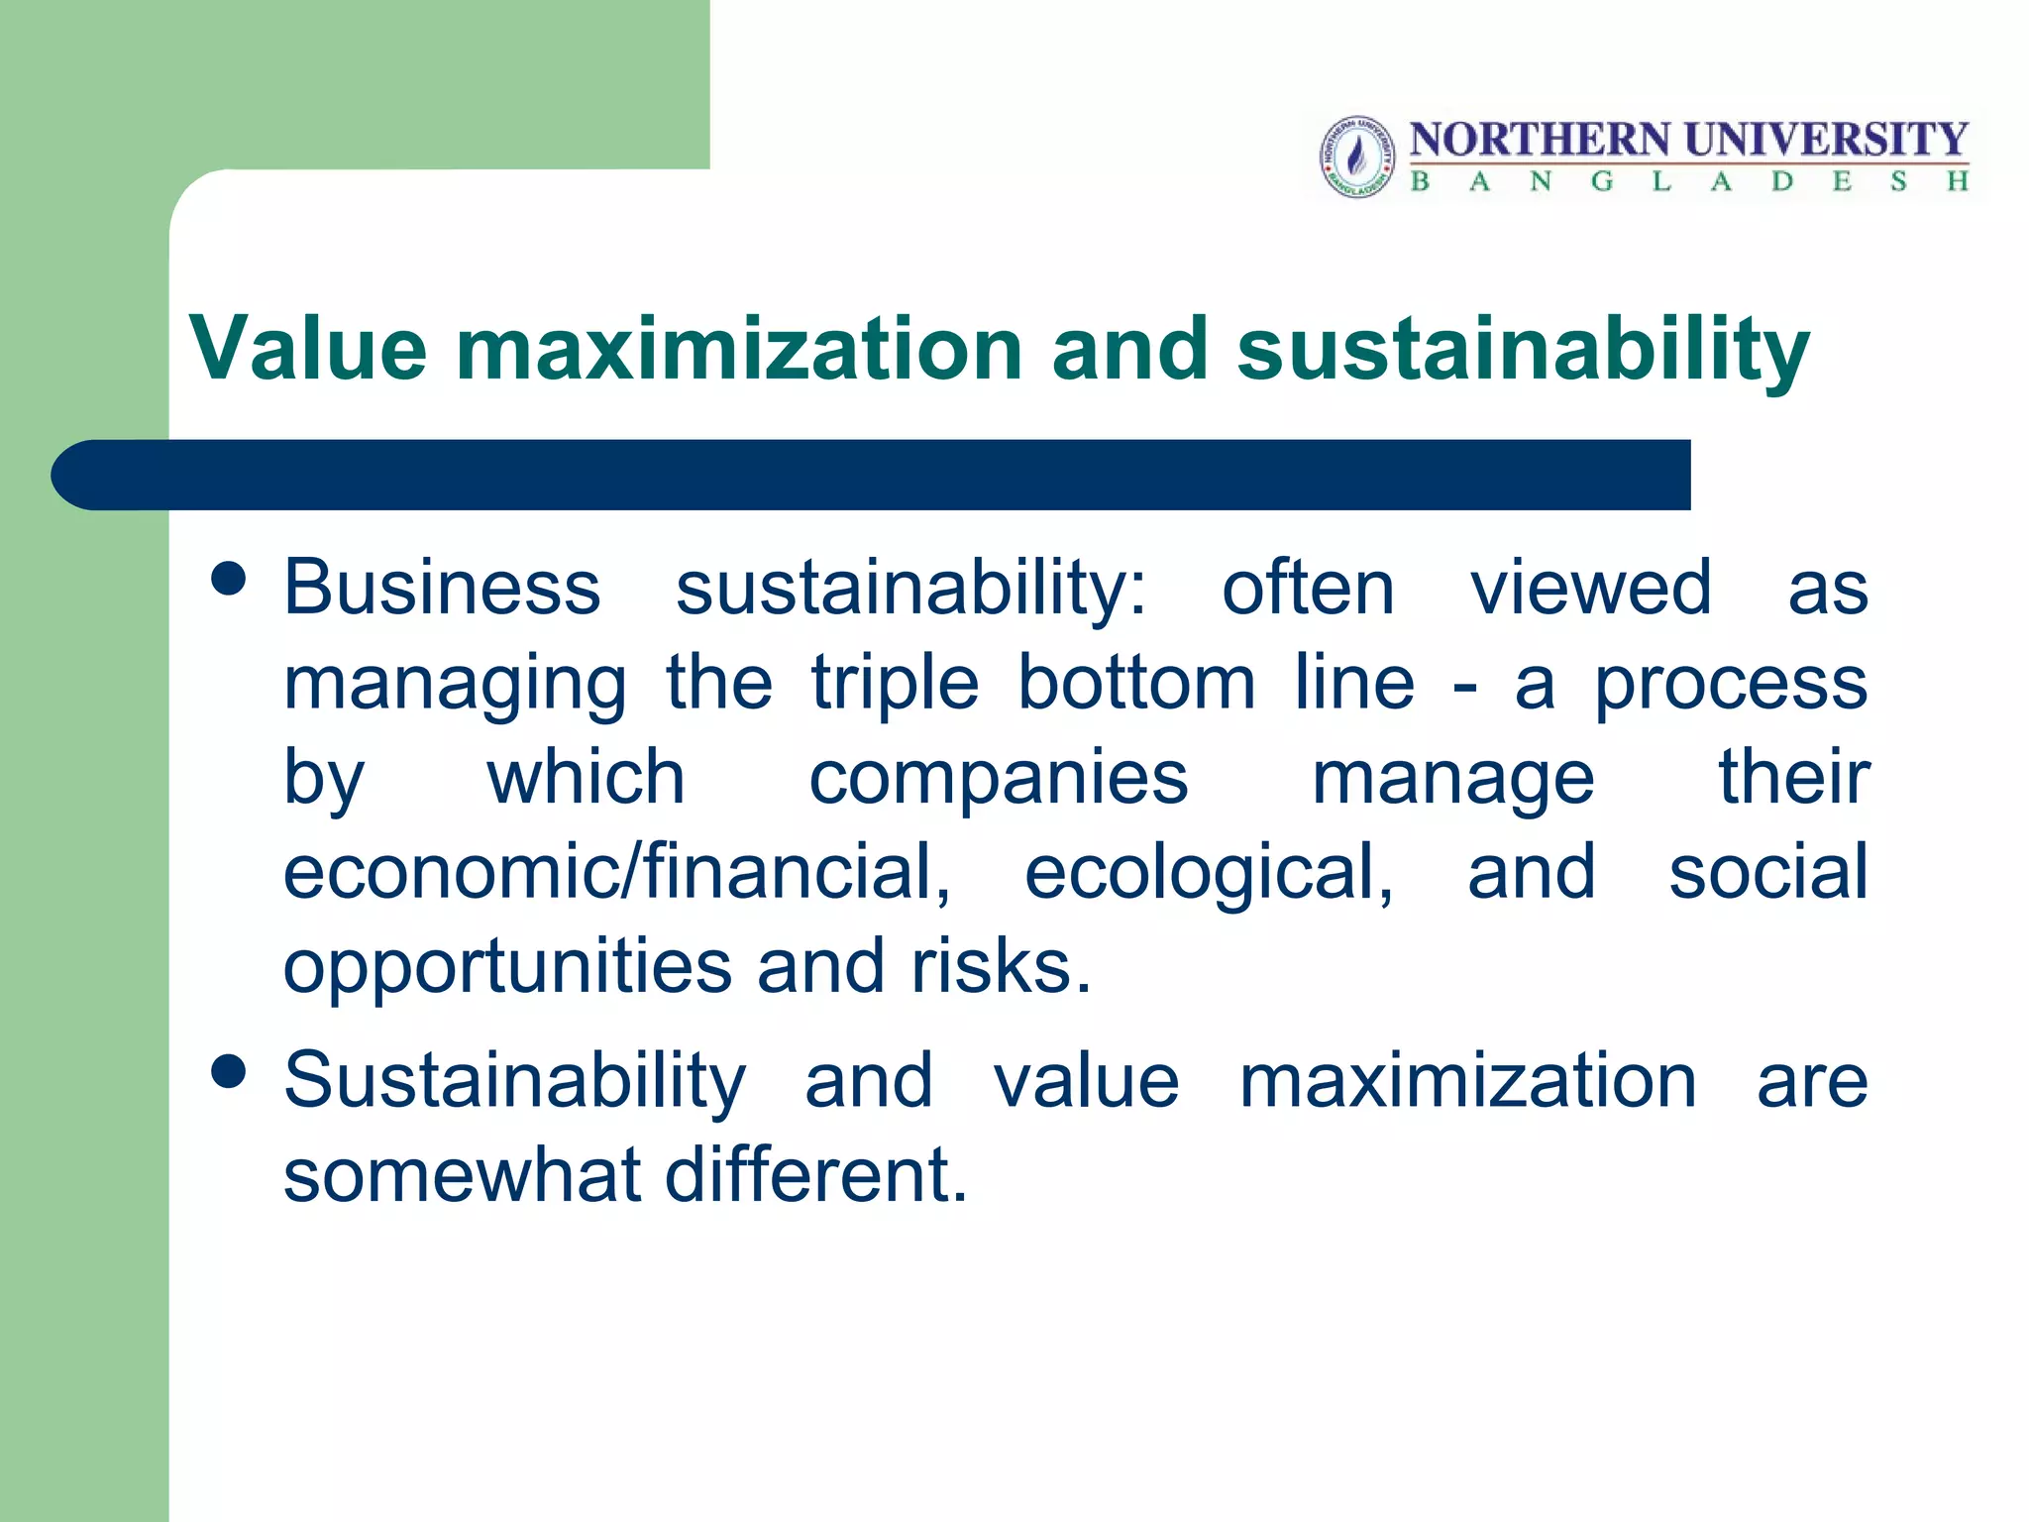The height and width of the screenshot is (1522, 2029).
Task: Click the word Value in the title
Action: click(x=308, y=348)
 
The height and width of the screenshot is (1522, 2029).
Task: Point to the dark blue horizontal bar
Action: click(x=872, y=475)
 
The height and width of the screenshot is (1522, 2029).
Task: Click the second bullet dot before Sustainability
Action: click(x=229, y=1071)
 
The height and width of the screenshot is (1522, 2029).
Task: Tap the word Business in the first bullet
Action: click(x=442, y=587)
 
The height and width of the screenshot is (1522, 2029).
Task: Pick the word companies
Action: click(x=998, y=780)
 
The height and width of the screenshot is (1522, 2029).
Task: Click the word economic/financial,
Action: click(x=616, y=872)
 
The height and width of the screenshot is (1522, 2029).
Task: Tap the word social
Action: click(x=1767, y=871)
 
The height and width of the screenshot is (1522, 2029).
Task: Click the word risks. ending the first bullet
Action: click(x=1001, y=966)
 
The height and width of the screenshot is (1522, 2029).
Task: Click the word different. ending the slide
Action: click(x=814, y=1174)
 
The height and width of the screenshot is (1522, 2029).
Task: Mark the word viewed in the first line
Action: click(x=1590, y=587)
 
